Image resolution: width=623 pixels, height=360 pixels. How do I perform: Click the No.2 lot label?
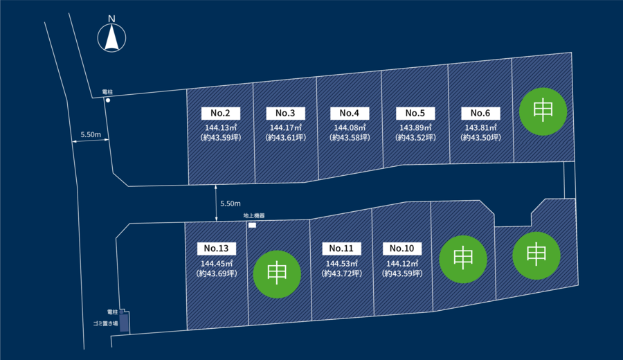(221, 114)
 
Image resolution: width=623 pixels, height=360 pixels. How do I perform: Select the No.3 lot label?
(285, 114)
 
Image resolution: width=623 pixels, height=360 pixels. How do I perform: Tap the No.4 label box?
(350, 114)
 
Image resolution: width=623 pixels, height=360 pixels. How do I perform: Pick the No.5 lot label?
(415, 114)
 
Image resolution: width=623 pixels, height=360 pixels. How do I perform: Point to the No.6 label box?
(480, 114)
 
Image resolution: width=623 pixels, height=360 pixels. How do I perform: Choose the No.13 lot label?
(217, 249)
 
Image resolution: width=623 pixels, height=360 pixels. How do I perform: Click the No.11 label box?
(342, 249)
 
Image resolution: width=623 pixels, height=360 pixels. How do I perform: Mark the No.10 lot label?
(402, 249)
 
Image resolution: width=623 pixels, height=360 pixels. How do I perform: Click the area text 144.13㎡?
(221, 127)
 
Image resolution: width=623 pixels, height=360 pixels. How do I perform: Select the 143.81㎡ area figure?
(481, 127)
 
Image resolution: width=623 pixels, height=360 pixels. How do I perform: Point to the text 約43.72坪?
(342, 273)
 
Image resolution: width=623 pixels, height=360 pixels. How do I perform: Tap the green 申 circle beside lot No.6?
(543, 111)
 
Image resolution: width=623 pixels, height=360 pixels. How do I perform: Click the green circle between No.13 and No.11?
(277, 274)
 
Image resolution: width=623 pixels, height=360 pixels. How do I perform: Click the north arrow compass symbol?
(111, 38)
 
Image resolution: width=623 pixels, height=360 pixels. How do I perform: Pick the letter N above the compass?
(111, 19)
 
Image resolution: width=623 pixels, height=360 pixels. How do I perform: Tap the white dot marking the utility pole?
(108, 100)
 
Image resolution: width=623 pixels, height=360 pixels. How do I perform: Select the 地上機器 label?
(254, 216)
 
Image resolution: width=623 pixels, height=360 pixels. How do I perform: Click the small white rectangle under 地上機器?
(252, 225)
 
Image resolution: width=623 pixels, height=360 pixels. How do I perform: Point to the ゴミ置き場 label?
(105, 324)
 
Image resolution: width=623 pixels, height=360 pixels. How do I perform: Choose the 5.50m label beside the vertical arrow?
(231, 204)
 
